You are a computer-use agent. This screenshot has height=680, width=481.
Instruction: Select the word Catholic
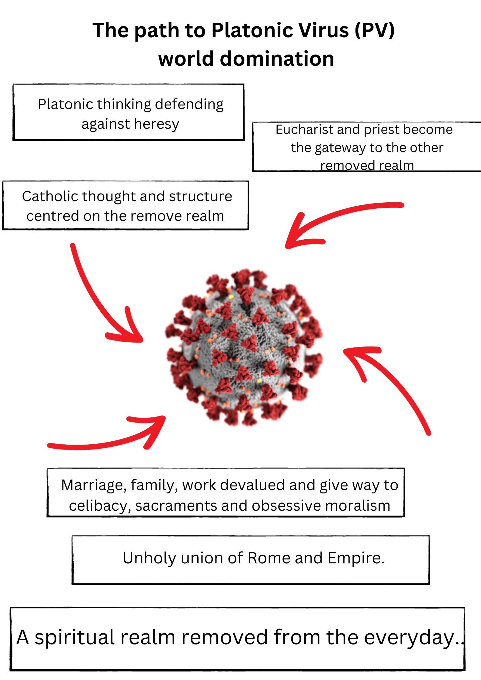[x=50, y=196]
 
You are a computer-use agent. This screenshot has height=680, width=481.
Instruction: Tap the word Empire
[x=356, y=558]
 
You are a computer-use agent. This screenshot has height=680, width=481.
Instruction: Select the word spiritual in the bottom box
[x=75, y=637]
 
